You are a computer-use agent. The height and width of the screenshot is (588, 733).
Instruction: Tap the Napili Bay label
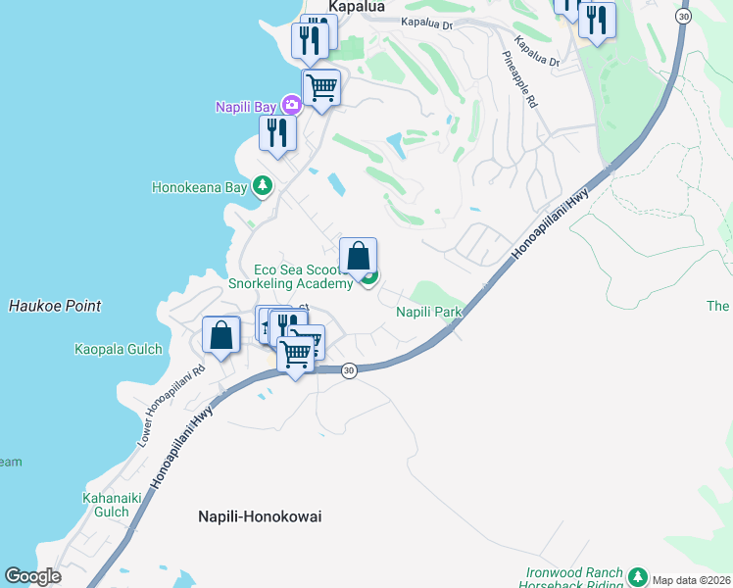tap(246, 105)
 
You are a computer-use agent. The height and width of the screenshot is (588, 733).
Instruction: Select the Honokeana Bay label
tap(199, 186)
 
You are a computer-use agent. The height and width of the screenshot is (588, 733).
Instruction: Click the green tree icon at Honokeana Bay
tap(262, 185)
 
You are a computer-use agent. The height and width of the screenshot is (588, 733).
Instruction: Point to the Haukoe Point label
tap(55, 306)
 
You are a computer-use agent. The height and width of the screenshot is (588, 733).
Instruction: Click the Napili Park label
tap(428, 312)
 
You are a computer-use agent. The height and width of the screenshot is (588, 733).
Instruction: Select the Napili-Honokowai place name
tap(260, 515)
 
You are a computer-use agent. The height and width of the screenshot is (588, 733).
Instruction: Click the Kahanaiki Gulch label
tap(105, 505)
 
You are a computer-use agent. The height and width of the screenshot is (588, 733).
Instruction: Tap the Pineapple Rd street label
tap(521, 79)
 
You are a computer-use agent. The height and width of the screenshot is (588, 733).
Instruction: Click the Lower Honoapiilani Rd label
tap(171, 401)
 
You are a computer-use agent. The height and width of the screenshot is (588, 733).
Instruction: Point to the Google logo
tap(32, 576)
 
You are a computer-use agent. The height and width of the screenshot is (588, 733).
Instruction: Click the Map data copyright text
tap(692, 580)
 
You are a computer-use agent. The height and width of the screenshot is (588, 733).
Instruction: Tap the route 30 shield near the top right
tap(684, 16)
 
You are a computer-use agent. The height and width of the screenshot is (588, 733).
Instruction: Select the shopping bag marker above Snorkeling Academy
tap(359, 256)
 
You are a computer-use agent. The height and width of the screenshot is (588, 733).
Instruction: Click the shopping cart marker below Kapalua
tap(321, 87)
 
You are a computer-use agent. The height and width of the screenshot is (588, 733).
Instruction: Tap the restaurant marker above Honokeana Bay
tap(277, 132)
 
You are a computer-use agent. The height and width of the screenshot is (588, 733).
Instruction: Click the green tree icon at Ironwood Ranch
tap(638, 575)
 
